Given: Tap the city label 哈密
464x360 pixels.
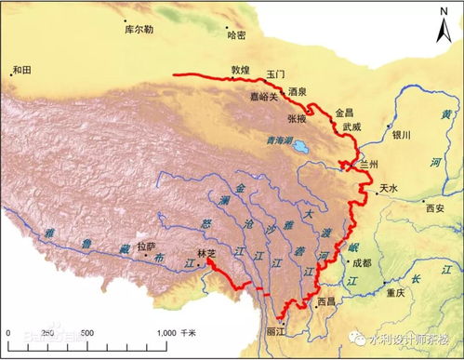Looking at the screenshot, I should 238,34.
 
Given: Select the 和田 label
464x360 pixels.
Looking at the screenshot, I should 21,69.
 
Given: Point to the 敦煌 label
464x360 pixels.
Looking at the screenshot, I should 242,70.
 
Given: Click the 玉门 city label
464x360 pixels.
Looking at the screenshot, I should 275,73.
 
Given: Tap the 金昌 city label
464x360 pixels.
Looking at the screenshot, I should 345,111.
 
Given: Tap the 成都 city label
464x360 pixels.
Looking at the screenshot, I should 362,263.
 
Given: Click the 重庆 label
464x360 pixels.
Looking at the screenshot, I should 395,292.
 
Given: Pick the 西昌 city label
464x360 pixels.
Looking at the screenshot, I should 326,302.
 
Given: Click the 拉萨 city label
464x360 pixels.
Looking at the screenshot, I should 145,247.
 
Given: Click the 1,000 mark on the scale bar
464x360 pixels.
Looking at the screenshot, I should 166,332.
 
